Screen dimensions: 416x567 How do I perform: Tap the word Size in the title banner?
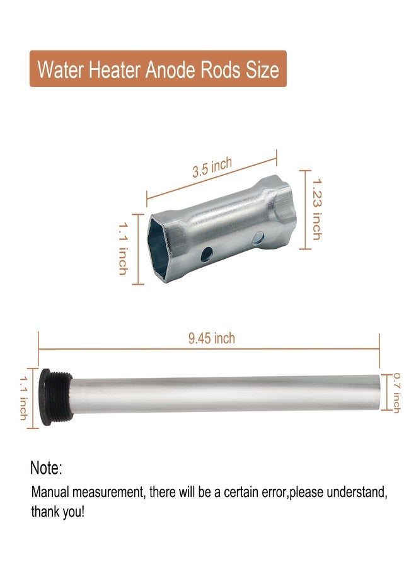pyautogui.click(x=262, y=69)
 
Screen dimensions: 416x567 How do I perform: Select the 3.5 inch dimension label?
pyautogui.click(x=212, y=168)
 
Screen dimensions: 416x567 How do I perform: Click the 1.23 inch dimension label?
pyautogui.click(x=316, y=209)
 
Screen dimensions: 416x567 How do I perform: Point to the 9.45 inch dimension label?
pyautogui.click(x=212, y=338)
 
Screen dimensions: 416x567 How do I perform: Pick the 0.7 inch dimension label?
pyautogui.click(x=397, y=393)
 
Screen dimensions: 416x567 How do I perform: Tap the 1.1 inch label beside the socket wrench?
pyautogui.click(x=124, y=249)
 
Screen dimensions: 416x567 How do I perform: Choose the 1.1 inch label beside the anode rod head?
pyautogui.click(x=23, y=398)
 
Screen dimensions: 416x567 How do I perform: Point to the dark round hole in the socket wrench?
pyautogui.click(x=207, y=255)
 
